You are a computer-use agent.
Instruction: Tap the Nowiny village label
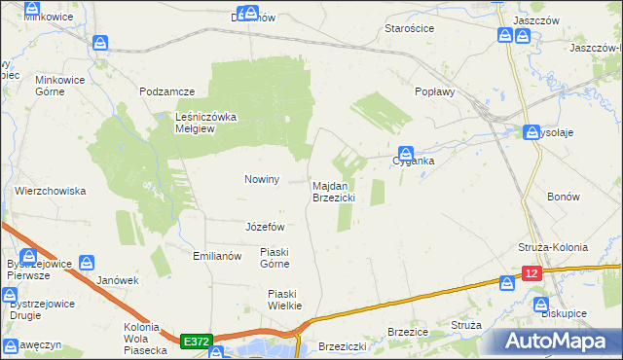[x=262, y=180]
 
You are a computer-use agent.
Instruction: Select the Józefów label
[x=265, y=227]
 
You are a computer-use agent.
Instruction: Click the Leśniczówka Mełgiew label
[x=205, y=123]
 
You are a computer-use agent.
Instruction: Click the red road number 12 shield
[x=531, y=275]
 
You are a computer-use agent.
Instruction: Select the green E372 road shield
[x=194, y=342]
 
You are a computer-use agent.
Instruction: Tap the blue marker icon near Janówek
[x=87, y=263]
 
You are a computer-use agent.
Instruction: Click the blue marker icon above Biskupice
[x=542, y=304]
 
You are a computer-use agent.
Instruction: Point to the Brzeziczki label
[x=342, y=345]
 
